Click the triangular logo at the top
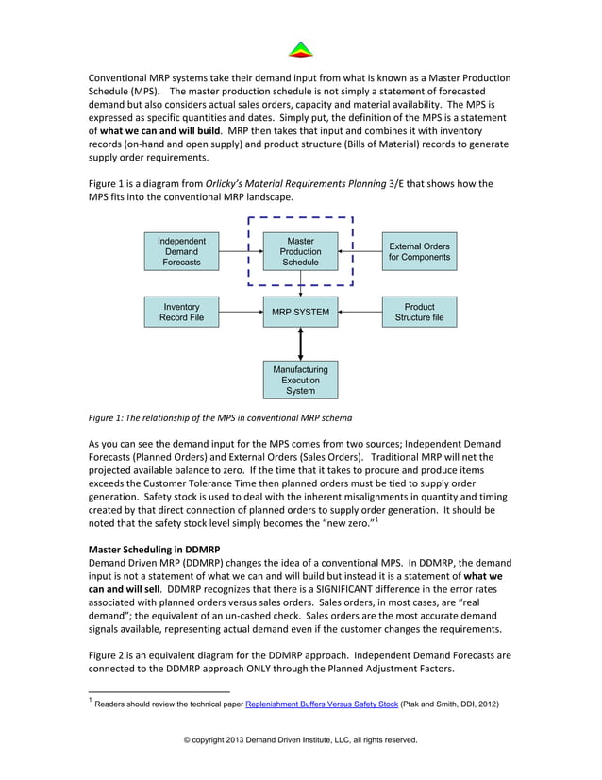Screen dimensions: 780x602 coord(300,49)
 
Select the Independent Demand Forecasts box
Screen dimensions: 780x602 coord(181,252)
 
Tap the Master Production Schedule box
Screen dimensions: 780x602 coord(300,252)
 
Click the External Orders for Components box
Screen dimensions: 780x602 coord(419,252)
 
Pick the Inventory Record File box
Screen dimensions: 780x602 coord(182,313)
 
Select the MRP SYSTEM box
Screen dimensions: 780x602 coord(300,313)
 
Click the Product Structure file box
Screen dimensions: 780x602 coord(419,313)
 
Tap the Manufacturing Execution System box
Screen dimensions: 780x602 coord(300,380)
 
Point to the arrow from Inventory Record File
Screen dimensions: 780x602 coord(240,313)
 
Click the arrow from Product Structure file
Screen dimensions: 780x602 coord(360,313)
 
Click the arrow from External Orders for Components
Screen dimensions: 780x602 coord(364,252)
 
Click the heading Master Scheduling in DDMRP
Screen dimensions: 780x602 coord(153,549)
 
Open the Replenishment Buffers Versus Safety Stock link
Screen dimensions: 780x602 coord(321,704)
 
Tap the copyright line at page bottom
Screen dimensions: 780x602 coord(300,739)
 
